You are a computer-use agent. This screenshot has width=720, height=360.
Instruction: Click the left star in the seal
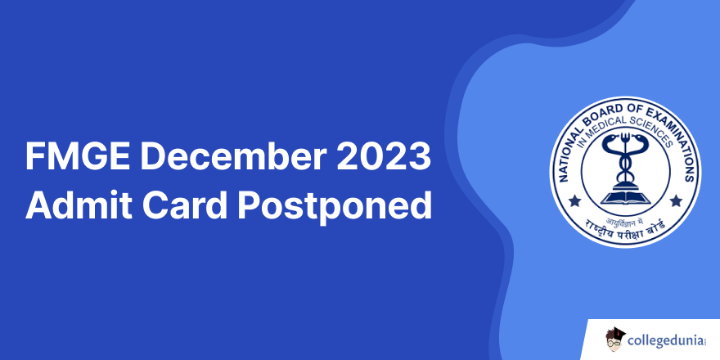pyautogui.click(x=574, y=200)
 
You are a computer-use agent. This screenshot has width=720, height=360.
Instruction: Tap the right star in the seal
pyautogui.click(x=676, y=200)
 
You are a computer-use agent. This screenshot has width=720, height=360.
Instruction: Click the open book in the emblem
pyautogui.click(x=625, y=198)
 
